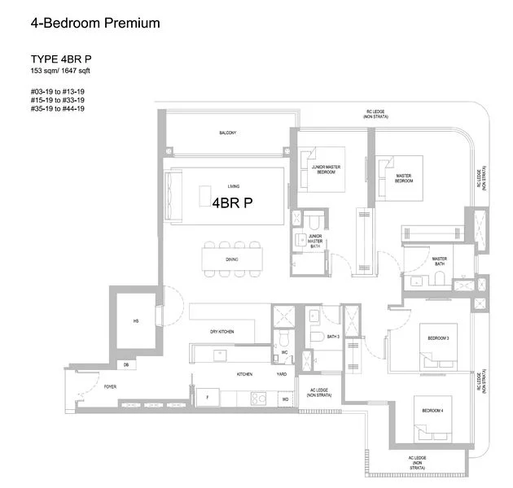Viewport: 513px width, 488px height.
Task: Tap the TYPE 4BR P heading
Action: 60,59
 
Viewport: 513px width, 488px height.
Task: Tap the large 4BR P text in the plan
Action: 231,203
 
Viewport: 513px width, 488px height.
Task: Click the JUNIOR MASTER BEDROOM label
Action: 325,169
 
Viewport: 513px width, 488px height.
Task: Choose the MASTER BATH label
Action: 440,261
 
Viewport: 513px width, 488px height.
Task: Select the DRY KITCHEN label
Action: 221,332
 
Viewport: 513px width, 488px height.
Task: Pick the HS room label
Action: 136,321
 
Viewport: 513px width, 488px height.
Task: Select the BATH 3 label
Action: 332,336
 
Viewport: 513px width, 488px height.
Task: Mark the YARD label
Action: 282,374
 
